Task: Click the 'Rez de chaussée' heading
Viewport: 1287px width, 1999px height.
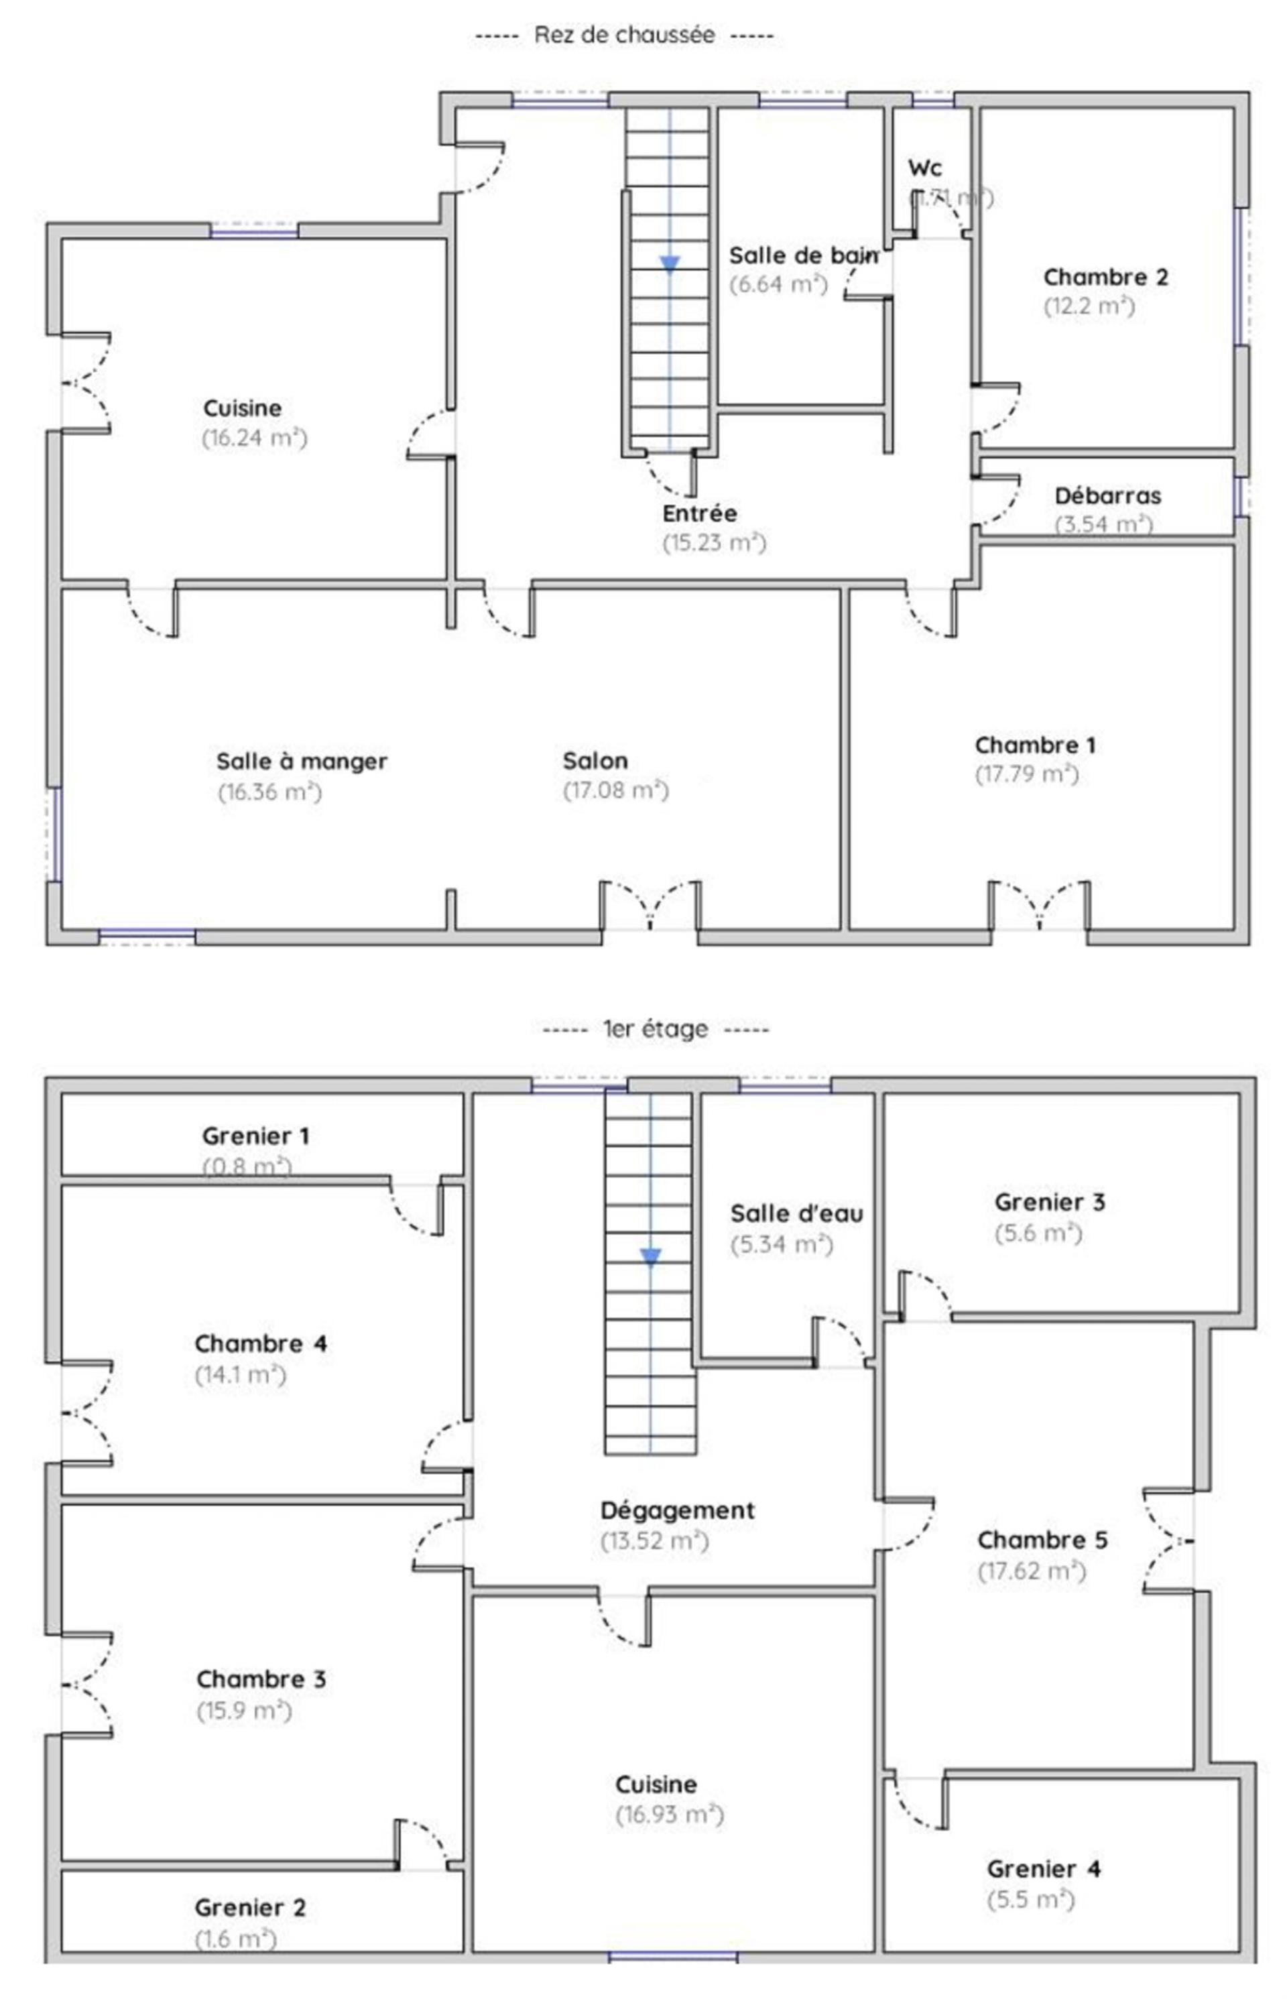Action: click(623, 35)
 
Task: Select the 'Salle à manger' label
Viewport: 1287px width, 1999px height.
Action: click(302, 762)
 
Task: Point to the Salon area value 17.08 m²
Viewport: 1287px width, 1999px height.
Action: click(616, 790)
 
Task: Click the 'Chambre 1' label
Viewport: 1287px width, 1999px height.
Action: click(1034, 745)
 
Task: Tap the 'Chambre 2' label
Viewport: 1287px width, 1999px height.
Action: click(1105, 277)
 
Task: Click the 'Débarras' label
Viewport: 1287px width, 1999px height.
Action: click(1107, 495)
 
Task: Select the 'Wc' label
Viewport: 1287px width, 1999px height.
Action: click(925, 168)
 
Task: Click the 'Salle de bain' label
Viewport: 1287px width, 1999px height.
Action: click(803, 255)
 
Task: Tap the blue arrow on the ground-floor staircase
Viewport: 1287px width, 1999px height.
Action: click(670, 264)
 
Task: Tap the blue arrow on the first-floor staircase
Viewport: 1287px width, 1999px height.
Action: click(650, 1256)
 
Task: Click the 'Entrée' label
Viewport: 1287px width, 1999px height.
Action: click(700, 513)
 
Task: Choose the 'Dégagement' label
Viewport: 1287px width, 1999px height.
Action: click(677, 1510)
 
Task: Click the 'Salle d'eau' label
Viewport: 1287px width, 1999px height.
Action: click(796, 1213)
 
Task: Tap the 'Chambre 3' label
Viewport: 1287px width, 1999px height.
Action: click(261, 1679)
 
